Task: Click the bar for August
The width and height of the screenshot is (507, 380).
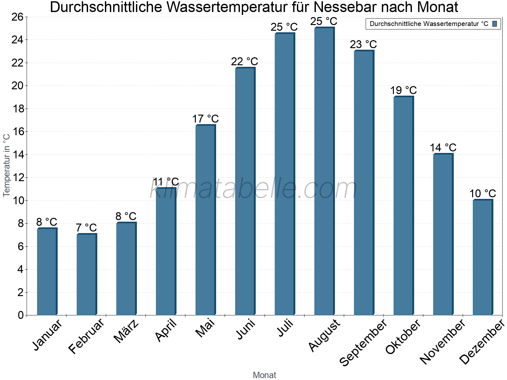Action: point(324,171)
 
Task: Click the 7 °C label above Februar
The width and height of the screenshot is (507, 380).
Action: point(86,228)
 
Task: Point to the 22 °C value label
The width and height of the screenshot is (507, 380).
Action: point(244,61)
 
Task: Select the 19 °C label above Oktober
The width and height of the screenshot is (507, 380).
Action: point(403,90)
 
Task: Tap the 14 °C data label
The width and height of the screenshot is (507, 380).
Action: point(443,148)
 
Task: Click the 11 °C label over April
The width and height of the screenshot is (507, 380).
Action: point(166,182)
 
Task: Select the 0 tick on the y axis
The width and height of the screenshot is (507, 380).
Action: point(21,315)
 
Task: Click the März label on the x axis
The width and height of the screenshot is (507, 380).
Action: point(126,331)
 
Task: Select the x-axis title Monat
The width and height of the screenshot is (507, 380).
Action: point(264,375)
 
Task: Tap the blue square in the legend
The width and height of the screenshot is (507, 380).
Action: point(495,24)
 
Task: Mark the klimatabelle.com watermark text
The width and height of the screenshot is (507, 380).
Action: point(253,189)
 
